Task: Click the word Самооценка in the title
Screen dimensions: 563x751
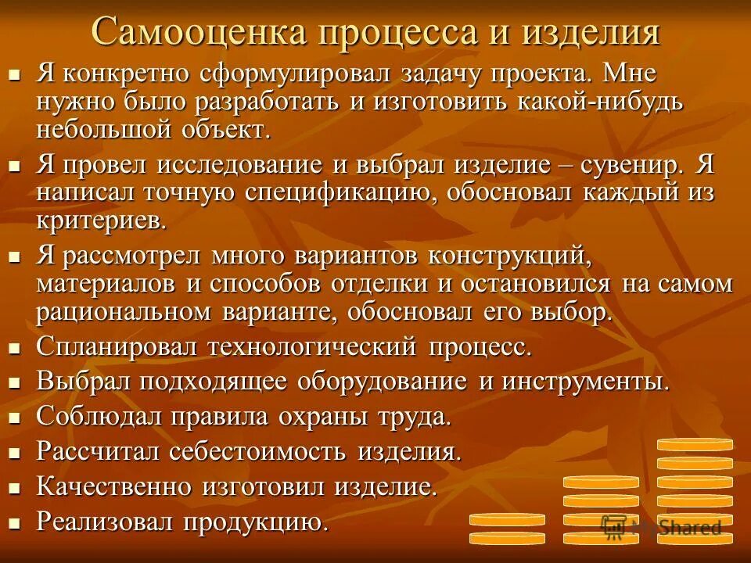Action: (196, 32)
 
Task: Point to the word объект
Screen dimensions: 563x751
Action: (232, 129)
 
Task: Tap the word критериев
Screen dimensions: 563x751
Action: (101, 220)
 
